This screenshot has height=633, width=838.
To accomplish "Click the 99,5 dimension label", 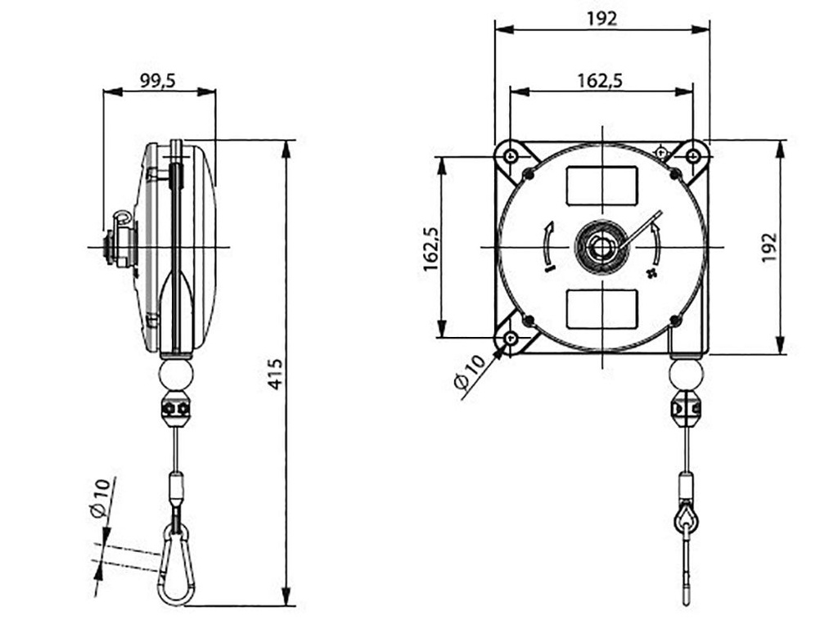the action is pos(158,80).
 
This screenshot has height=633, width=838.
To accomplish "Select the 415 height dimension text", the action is pos(276,373).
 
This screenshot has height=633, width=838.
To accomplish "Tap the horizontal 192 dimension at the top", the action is pos(601,19).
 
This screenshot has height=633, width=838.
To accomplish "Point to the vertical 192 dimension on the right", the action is pos(768,248).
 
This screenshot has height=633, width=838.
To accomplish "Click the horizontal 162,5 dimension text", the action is pos(600,80).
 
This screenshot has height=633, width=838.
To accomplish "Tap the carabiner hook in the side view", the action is pos(173,565).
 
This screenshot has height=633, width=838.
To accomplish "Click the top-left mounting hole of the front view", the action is pos(511,155).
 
